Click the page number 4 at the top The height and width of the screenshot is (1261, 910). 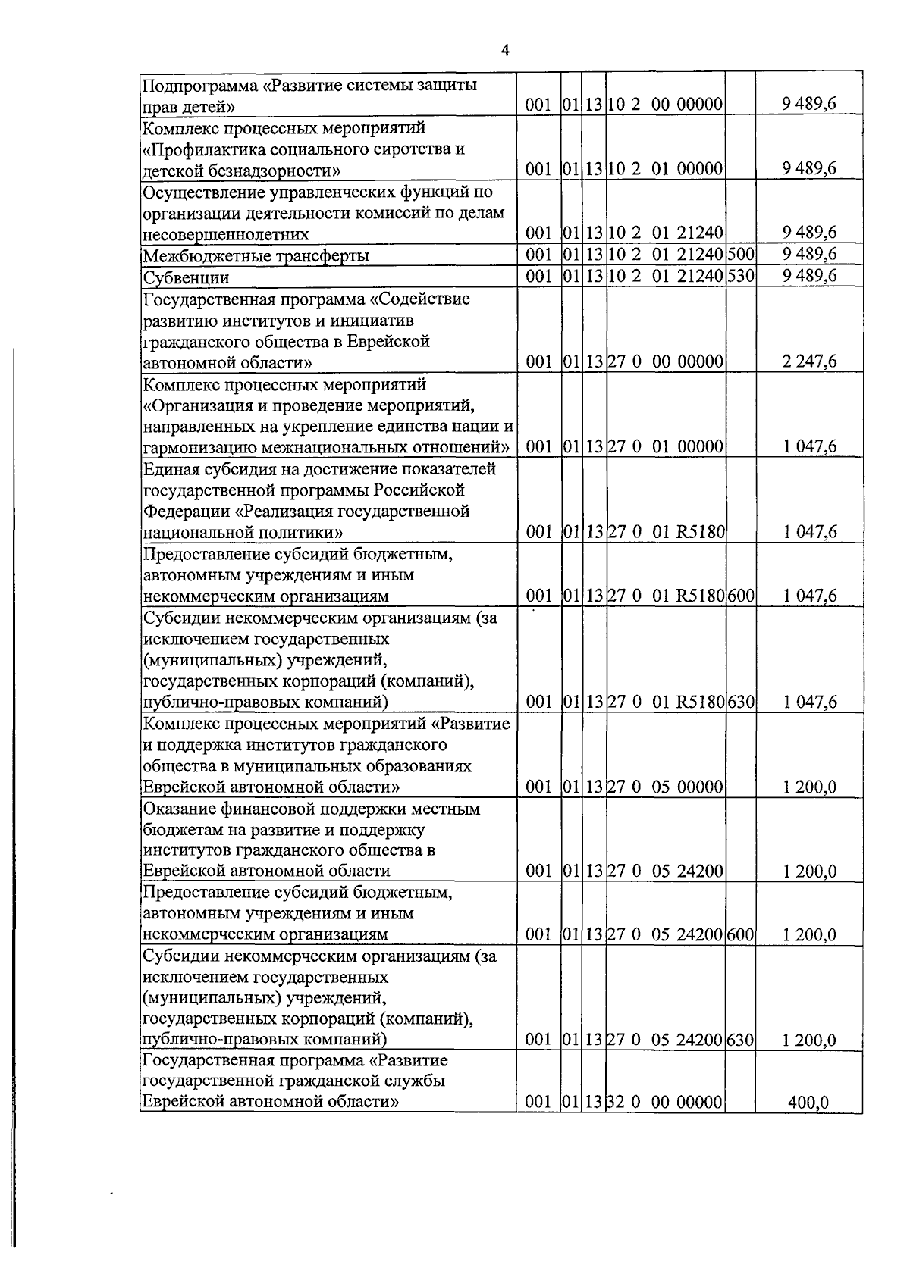coord(505,51)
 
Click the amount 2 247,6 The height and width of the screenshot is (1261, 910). coord(809,362)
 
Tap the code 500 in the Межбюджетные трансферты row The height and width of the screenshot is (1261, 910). coord(740,255)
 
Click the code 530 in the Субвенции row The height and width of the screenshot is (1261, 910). coord(740,276)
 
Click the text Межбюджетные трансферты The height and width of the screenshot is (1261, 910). coord(256,256)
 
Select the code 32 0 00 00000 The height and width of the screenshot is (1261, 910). coord(665,1102)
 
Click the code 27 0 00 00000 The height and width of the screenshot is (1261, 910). coord(665,362)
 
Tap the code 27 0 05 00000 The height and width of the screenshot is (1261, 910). coord(665,787)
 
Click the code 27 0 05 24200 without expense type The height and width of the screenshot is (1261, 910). coord(665,871)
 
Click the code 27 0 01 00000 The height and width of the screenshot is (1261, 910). coord(665,447)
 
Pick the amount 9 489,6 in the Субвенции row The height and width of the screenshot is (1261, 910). coord(809,276)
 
